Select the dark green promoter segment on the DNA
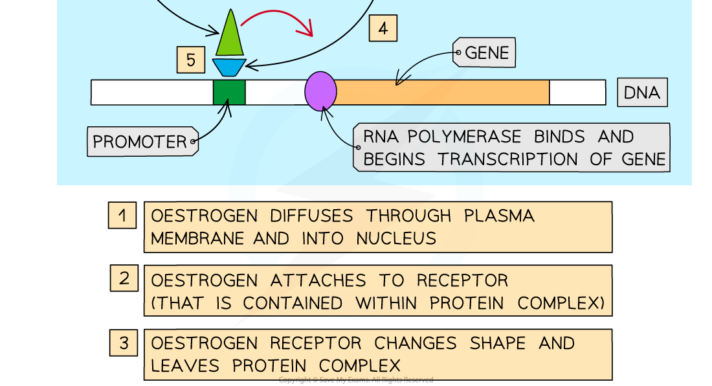[229, 92]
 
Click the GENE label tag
[486, 52]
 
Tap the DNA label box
[641, 93]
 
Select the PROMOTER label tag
[140, 141]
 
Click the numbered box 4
[383, 28]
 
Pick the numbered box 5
[190, 60]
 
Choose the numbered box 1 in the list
[122, 214]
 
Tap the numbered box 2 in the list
[124, 279]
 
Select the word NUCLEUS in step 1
[396, 238]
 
